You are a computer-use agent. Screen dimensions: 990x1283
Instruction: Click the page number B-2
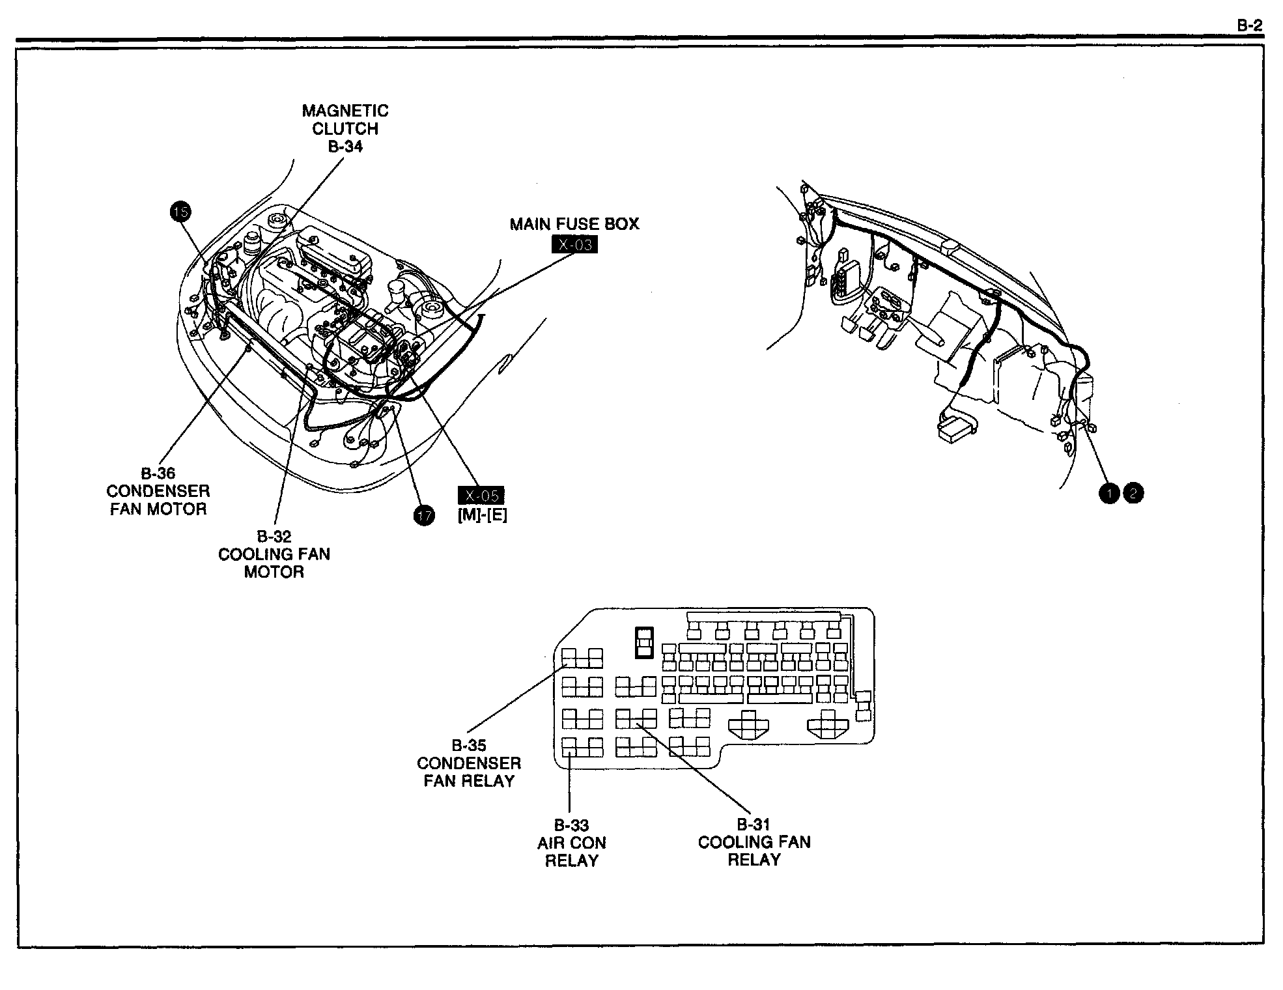[x=1249, y=26]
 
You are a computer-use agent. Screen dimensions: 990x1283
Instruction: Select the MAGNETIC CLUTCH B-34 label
[x=345, y=128]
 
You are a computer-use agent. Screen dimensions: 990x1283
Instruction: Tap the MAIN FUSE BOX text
[x=574, y=224]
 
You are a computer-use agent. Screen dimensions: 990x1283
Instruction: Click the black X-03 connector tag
[x=574, y=245]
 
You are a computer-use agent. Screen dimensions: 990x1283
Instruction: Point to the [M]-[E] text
[x=482, y=515]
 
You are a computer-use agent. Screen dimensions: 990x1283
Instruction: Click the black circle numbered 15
[x=180, y=211]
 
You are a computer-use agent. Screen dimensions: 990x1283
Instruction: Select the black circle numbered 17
[x=424, y=516]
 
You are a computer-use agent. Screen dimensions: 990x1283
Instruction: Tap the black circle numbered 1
[x=1108, y=493]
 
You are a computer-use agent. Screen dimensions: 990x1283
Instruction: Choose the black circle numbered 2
[x=1133, y=493]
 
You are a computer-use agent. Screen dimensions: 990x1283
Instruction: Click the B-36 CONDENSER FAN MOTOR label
[x=158, y=491]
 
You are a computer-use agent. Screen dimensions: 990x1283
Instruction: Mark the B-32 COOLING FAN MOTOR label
[x=274, y=554]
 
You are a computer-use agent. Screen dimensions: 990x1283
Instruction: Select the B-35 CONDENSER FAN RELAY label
[x=469, y=763]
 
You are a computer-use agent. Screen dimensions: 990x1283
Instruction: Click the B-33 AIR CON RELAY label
[x=572, y=843]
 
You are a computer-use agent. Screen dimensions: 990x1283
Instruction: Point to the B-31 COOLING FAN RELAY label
[x=754, y=842]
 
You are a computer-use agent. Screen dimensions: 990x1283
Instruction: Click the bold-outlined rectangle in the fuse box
[x=644, y=642]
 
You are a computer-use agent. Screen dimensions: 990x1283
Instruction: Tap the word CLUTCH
[x=345, y=129]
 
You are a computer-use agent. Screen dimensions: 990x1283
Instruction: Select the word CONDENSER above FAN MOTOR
[x=158, y=491]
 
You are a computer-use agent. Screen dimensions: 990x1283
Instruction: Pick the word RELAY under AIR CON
[x=572, y=860]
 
